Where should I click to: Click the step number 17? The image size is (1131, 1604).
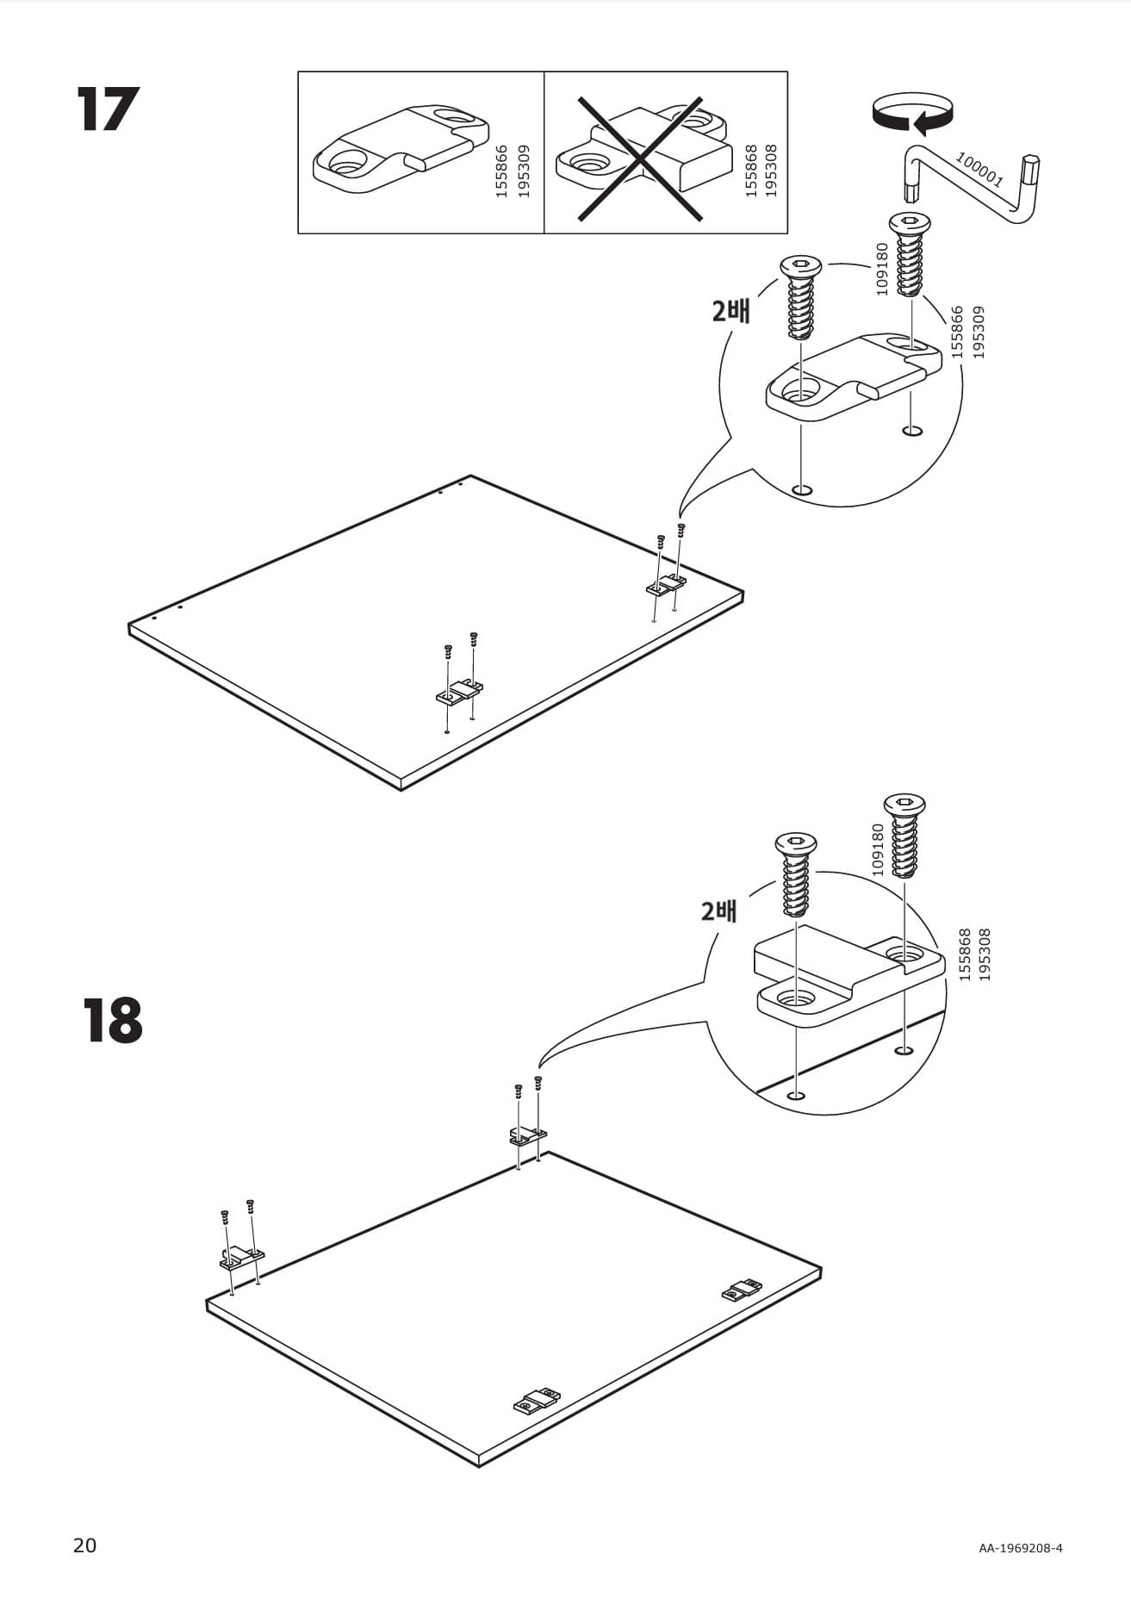(108, 109)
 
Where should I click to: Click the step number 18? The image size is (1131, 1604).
(113, 1021)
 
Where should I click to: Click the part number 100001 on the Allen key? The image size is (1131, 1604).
(979, 169)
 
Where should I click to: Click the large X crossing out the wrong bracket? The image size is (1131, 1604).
(639, 159)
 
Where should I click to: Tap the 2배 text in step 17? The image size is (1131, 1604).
(730, 311)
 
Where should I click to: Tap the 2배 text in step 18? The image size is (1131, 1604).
(718, 911)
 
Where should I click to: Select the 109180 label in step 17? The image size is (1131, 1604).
(881, 269)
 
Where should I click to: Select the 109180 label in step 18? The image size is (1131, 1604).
(878, 850)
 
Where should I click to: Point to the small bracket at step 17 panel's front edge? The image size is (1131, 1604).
(458, 691)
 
